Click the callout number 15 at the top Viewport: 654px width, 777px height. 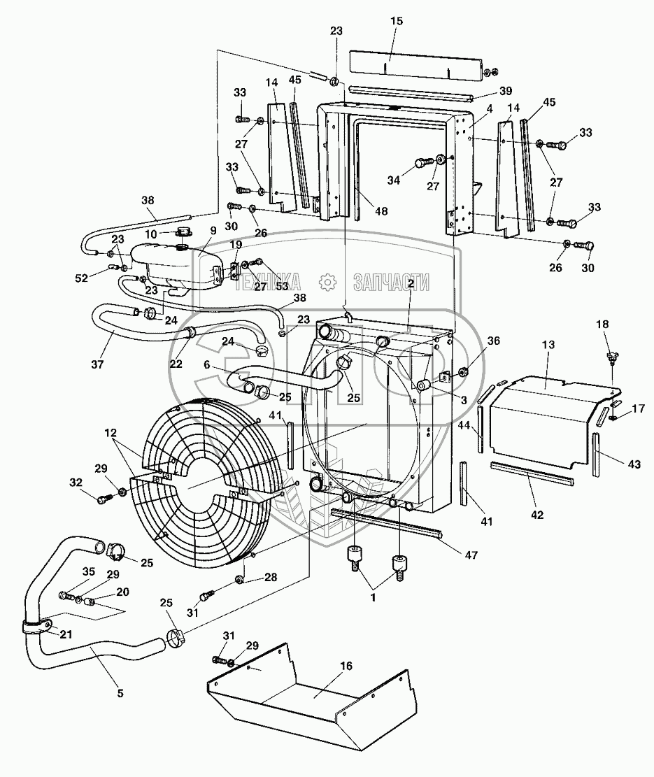397,22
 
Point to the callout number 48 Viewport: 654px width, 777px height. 382,209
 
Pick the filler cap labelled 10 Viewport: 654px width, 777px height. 183,232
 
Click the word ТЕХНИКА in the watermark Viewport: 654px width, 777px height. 268,282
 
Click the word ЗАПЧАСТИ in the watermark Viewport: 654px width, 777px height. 392,282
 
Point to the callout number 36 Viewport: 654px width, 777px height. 493,341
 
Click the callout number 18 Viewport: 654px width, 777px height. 602,324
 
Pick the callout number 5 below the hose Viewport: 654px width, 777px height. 120,693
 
